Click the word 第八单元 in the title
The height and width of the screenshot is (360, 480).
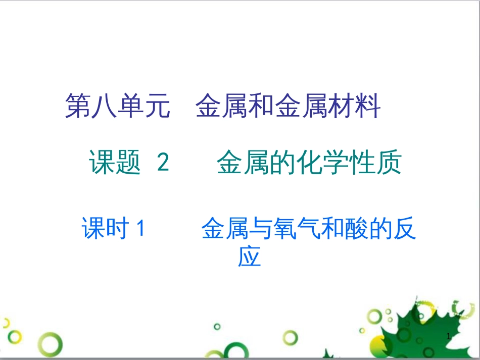tap(117, 106)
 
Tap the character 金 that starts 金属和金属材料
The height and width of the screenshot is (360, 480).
tap(208, 106)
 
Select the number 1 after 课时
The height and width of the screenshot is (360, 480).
tap(141, 229)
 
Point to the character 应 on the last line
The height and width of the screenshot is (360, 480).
tap(250, 257)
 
